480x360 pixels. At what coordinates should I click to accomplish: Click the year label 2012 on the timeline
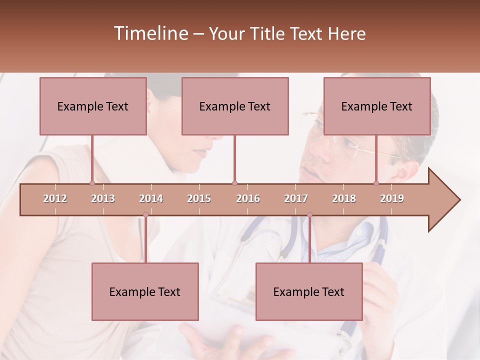pos(55,198)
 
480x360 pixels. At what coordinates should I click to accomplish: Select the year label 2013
pos(103,198)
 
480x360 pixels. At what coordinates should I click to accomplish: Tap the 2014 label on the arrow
pos(151,198)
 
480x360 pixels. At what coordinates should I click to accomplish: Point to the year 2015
pos(199,198)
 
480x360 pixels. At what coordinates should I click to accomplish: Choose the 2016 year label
pos(248,198)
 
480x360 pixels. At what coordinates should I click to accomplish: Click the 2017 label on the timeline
pos(296,198)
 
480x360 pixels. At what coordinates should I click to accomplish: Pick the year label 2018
pos(344,198)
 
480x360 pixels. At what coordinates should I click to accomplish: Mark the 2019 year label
pos(392,198)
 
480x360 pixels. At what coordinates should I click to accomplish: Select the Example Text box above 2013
pos(93,106)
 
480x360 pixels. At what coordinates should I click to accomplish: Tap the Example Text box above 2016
pos(235,106)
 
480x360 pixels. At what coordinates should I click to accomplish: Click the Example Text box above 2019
pos(377,106)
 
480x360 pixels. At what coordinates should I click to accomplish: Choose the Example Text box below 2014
pos(145,291)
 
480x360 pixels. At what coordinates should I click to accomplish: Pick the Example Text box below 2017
pos(309,291)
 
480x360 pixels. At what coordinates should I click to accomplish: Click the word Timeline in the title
pos(150,33)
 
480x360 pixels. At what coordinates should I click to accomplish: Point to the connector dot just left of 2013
pos(92,183)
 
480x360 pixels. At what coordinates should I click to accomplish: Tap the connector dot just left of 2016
pos(234,183)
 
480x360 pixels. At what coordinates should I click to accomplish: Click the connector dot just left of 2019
pos(376,183)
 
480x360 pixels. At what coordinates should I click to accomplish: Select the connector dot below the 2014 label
pos(145,215)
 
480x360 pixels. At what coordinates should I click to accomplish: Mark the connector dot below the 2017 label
pos(309,215)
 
